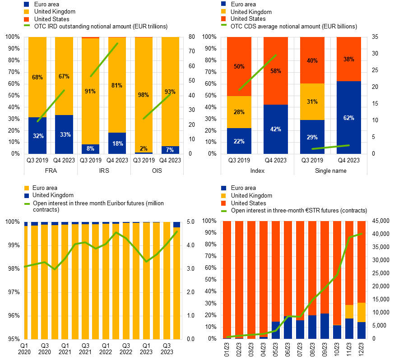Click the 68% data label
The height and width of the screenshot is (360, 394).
(37, 78)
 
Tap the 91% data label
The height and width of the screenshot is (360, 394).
(90, 92)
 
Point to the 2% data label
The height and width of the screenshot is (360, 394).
(144, 149)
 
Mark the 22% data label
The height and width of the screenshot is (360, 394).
(239, 142)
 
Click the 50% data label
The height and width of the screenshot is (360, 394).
(239, 67)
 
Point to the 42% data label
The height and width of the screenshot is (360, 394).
(276, 129)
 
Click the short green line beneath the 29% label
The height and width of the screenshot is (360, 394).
(330, 147)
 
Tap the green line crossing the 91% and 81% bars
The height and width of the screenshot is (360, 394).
(104, 60)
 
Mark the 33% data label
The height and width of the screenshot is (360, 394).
(65, 135)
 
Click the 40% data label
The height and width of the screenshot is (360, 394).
(312, 61)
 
